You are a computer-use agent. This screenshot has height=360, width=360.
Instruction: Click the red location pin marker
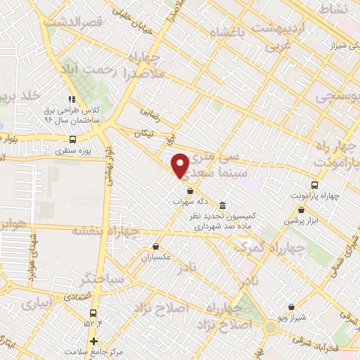click(x=181, y=165)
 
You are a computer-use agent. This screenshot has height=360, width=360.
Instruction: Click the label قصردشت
click(x=73, y=22)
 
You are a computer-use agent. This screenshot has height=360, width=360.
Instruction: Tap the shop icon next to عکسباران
click(x=156, y=246)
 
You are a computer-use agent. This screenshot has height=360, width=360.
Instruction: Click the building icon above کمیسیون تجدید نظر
click(x=223, y=205)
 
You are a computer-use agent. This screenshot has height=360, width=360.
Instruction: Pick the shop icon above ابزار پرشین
click(x=293, y=210)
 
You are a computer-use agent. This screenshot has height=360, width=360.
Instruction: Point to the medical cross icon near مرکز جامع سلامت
click(x=94, y=341)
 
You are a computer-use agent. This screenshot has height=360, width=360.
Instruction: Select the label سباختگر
click(x=103, y=278)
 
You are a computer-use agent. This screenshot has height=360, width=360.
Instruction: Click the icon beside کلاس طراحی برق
click(x=71, y=100)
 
